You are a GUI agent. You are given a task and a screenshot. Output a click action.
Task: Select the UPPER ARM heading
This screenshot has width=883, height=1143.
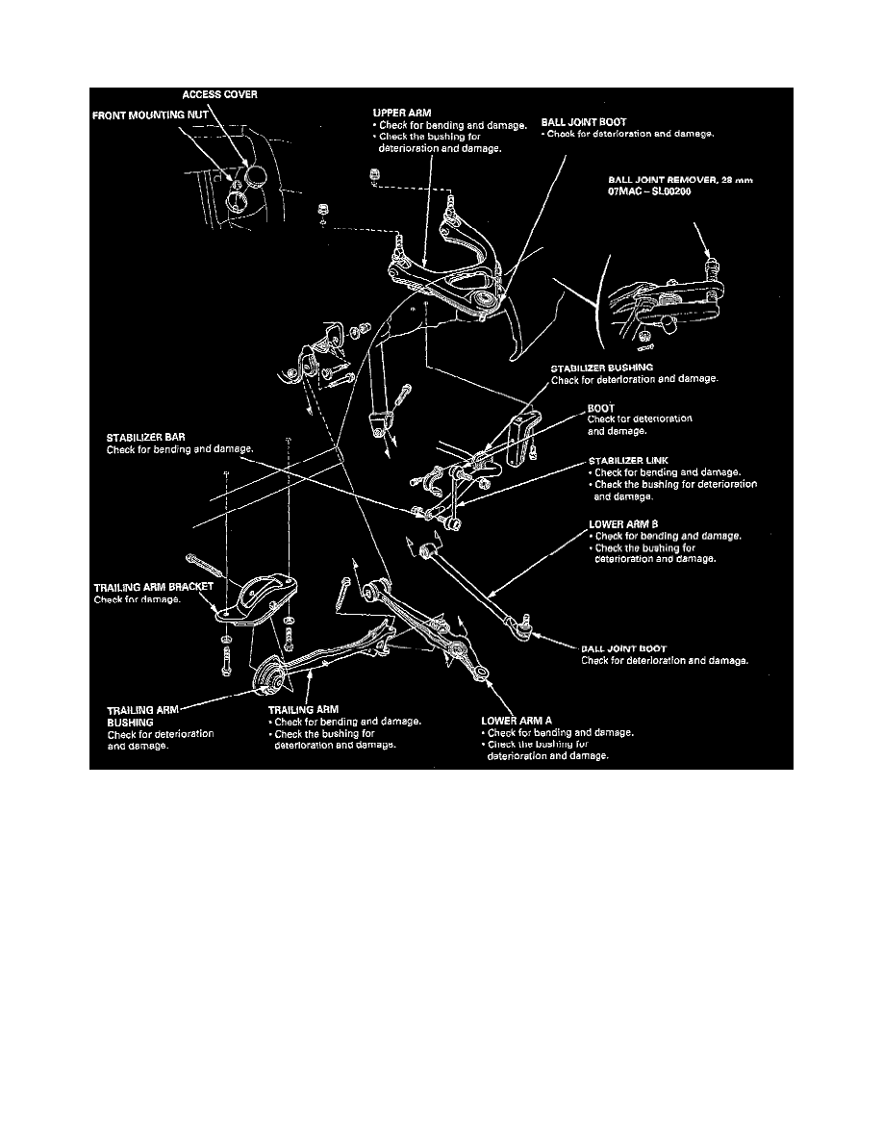[402, 113]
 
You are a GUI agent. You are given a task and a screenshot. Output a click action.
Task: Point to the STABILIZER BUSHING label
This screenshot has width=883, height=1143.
[601, 368]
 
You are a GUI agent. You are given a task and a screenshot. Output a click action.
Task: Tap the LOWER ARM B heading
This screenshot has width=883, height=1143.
[622, 525]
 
